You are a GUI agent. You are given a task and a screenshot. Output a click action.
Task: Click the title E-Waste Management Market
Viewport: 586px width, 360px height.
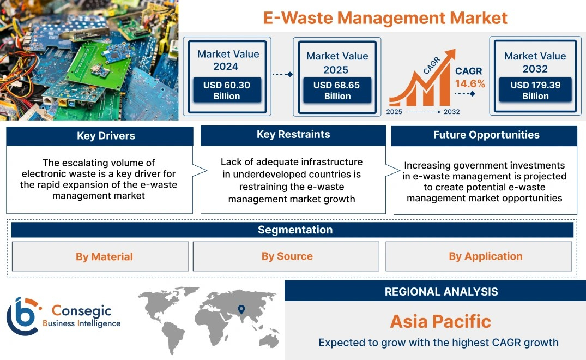[x=385, y=17]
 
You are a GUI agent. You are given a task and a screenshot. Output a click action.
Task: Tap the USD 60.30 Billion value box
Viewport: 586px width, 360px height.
[x=227, y=90]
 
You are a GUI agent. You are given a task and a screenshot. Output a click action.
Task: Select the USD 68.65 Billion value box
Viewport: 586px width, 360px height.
[x=337, y=90]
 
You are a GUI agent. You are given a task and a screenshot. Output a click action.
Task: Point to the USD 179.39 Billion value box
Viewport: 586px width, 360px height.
[x=535, y=89]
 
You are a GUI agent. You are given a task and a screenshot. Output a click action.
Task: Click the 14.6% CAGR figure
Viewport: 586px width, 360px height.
[x=470, y=84]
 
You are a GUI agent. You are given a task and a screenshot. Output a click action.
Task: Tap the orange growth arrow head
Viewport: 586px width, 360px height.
[x=450, y=55]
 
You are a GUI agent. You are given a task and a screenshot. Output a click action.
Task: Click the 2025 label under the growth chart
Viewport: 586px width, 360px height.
[x=394, y=112]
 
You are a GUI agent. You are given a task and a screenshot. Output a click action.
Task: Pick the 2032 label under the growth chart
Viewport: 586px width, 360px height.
[x=451, y=112]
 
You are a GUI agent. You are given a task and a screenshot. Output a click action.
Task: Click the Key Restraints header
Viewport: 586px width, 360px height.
[x=293, y=135]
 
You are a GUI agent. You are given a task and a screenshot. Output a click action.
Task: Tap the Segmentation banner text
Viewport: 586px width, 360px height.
[x=295, y=230]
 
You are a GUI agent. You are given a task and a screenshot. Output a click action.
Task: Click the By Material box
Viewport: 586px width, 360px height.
[x=100, y=256]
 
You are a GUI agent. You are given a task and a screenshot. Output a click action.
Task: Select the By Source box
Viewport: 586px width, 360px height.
[x=286, y=256]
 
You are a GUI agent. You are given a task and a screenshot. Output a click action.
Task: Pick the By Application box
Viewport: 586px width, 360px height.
[x=479, y=256]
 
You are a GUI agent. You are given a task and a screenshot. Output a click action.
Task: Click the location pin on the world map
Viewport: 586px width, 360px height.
[x=241, y=309]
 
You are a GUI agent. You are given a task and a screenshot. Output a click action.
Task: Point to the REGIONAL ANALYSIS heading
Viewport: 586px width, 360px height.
[x=442, y=292]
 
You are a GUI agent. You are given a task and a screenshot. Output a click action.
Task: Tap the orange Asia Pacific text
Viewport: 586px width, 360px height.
[x=440, y=321]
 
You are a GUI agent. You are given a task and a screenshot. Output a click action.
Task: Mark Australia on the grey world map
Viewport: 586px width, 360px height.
[x=269, y=341]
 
